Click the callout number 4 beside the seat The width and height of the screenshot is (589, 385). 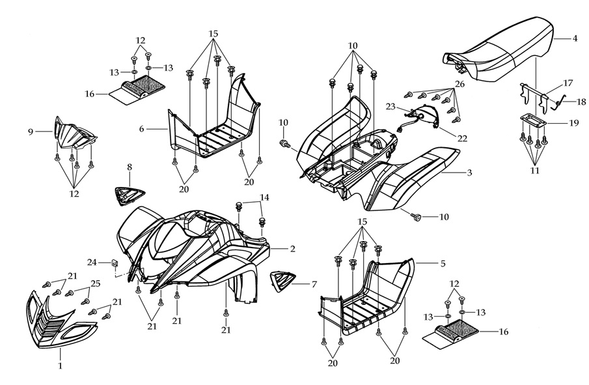pyautogui.click(x=575, y=38)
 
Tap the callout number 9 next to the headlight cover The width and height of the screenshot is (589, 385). pyautogui.click(x=30, y=131)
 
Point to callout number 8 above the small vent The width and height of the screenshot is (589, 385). pyautogui.click(x=129, y=167)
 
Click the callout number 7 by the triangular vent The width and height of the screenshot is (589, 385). pyautogui.click(x=314, y=285)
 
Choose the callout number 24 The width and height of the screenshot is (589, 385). pyautogui.click(x=92, y=263)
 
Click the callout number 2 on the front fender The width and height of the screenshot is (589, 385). pyautogui.click(x=292, y=249)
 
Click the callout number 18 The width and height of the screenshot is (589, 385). pyautogui.click(x=582, y=102)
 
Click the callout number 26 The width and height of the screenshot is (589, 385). pyautogui.click(x=459, y=84)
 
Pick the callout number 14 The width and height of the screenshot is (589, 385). pyautogui.click(x=264, y=197)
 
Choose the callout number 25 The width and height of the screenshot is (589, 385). pyautogui.click(x=95, y=285)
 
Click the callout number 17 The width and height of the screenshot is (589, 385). pyautogui.click(x=568, y=83)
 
